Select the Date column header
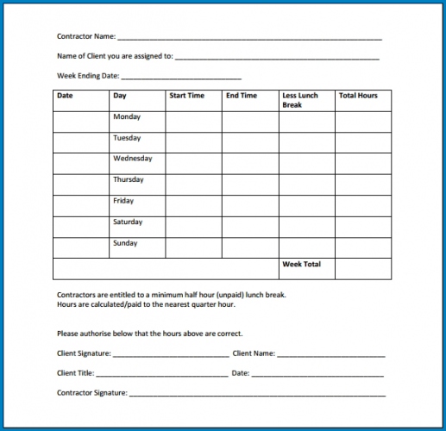coord(66,96)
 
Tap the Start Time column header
coord(186,96)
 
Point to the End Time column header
coord(242,96)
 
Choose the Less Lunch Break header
coord(300,100)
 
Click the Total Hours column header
coord(358,96)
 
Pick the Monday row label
coord(127,117)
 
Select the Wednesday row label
coord(133,159)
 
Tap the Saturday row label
coord(128,222)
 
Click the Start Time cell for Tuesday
coord(193,142)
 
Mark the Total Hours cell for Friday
coord(363,205)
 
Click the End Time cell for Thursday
coord(249,184)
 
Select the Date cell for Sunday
coord(81,247)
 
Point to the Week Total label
coord(301,264)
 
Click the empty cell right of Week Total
coord(363,269)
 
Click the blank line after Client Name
coord(331,353)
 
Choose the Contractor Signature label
coord(91,393)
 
